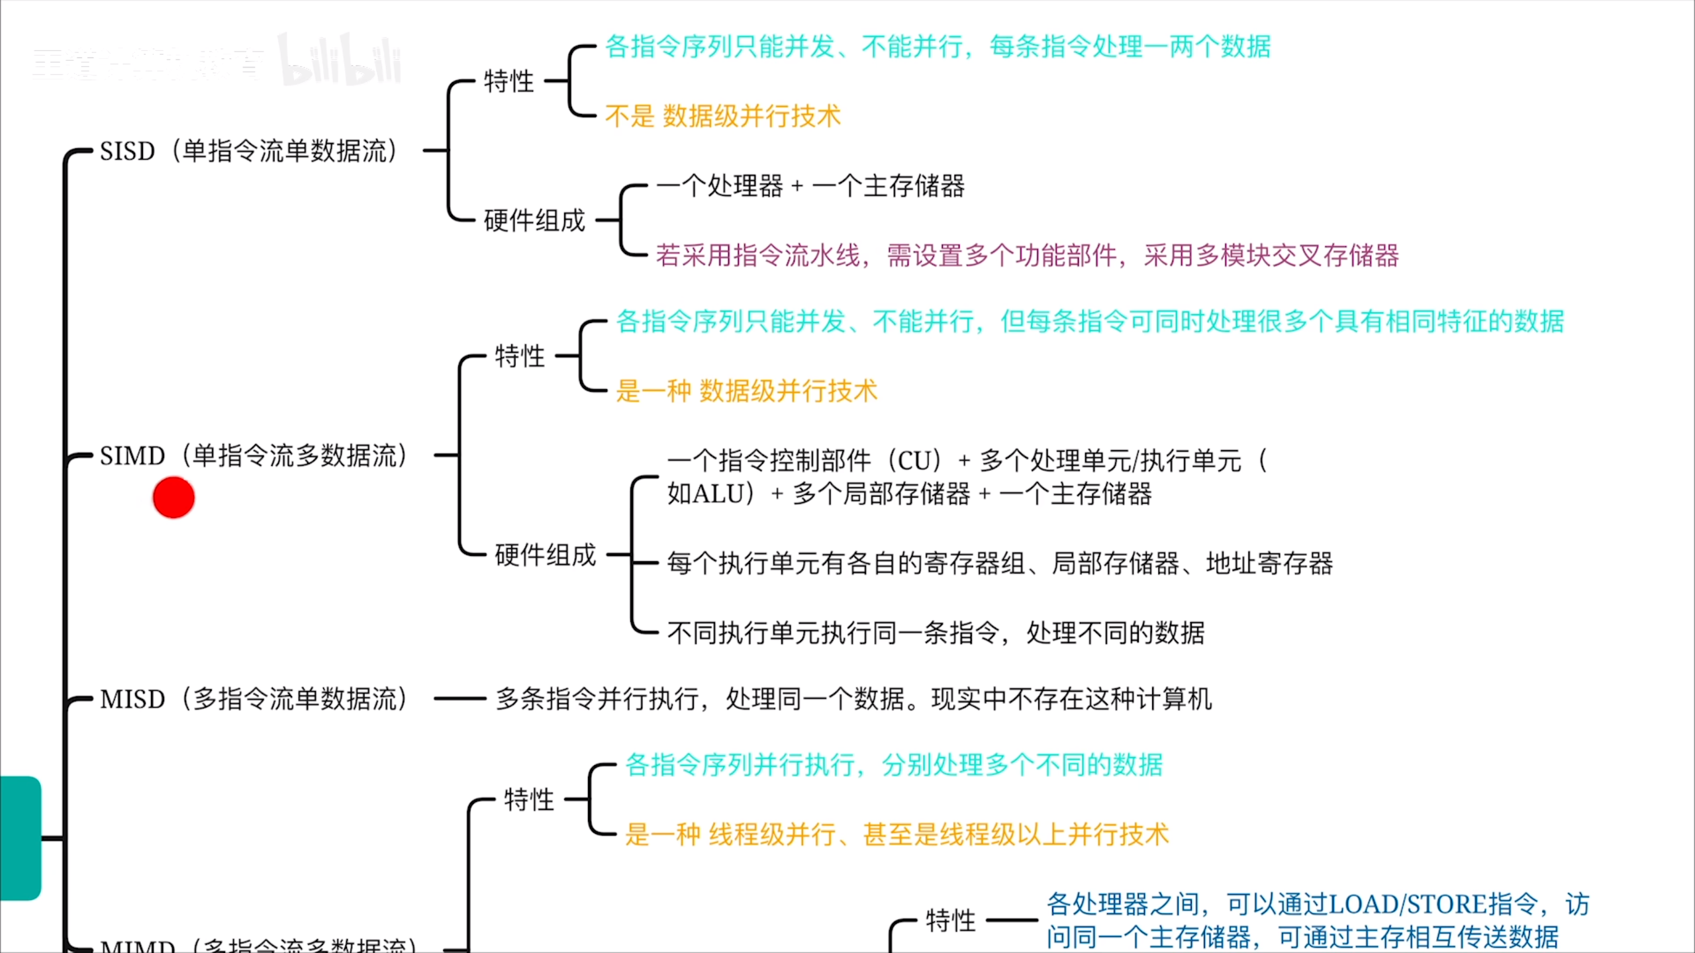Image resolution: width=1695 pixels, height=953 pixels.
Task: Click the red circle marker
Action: (173, 497)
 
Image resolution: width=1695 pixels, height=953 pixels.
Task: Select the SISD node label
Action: (248, 151)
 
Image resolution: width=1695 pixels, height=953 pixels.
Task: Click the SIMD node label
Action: (254, 456)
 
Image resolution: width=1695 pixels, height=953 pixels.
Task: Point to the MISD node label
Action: (254, 699)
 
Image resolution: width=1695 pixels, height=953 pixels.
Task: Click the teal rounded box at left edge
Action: (21, 838)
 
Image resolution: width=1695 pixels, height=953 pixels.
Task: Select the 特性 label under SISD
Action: (508, 81)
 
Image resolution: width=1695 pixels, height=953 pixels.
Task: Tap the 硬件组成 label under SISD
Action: (534, 220)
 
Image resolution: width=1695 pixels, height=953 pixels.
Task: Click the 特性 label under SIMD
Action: (520, 356)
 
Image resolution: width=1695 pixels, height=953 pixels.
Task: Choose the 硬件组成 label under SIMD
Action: (545, 555)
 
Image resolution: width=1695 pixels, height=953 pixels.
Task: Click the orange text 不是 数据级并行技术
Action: (722, 116)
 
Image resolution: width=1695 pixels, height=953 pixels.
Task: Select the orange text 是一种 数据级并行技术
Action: (746, 391)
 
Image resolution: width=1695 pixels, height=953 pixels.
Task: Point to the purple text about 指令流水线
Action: (1027, 255)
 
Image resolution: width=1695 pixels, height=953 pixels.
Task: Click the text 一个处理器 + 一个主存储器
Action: (810, 186)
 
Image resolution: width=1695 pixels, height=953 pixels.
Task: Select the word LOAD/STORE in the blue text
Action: (1408, 904)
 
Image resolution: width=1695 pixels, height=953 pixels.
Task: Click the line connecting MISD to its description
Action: (460, 699)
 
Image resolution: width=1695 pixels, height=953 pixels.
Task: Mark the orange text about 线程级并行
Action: (896, 835)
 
